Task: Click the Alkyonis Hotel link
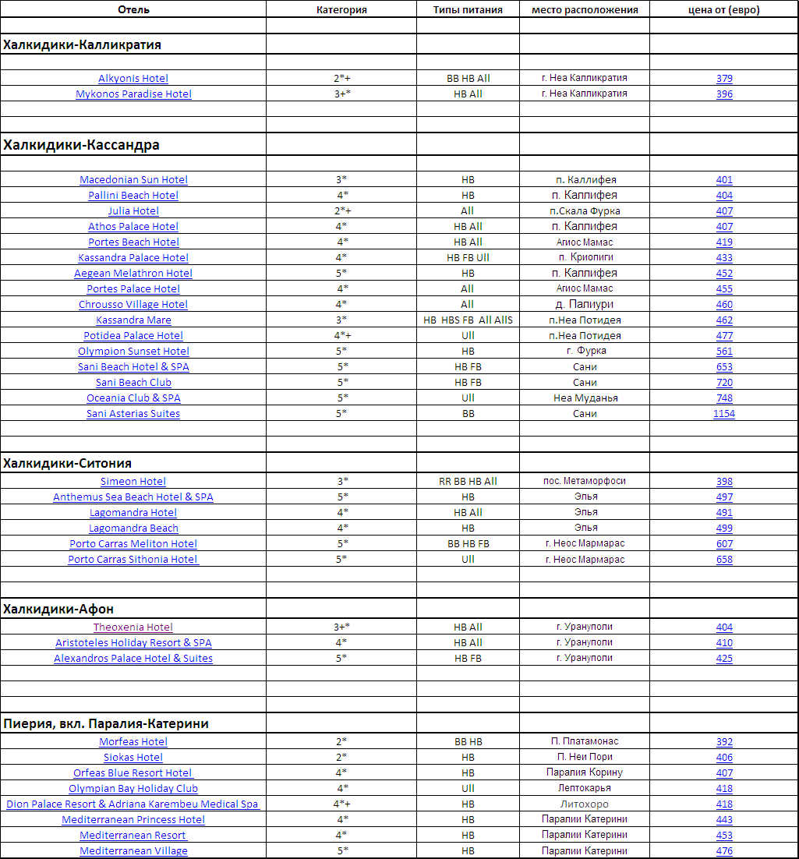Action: coord(133,79)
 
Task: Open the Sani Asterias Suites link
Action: coord(133,414)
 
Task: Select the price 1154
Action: coord(724,414)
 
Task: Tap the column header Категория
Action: coord(341,10)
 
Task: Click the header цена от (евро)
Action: coord(724,10)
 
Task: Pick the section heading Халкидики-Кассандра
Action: coord(82,145)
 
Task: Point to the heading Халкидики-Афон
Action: coord(59,609)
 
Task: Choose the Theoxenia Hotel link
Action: coord(133,627)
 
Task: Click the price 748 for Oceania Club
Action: coord(724,398)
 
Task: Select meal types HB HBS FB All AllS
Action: coord(468,320)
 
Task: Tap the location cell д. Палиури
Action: coord(585,305)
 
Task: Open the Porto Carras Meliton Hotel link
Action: coord(133,544)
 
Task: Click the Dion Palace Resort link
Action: coord(133,804)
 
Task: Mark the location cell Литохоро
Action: coord(585,804)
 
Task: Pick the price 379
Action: coord(724,79)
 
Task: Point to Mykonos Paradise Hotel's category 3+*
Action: coord(341,94)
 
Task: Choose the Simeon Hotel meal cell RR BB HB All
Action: coord(468,482)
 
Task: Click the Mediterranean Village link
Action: coord(133,851)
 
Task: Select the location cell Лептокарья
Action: coord(585,789)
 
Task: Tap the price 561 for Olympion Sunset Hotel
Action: coord(724,352)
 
